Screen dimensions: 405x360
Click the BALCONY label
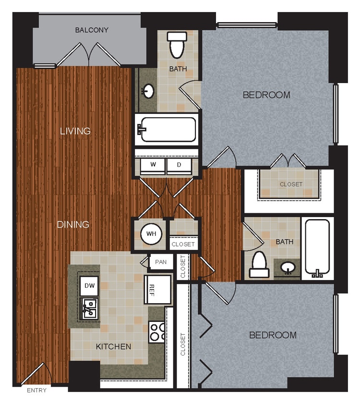[92, 30]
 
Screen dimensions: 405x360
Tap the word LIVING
[75, 131]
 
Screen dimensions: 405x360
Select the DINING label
[73, 224]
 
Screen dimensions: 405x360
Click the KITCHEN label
[113, 346]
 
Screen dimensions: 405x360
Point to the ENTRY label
[36, 391]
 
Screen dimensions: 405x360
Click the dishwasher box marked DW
[89, 285]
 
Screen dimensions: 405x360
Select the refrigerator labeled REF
[157, 289]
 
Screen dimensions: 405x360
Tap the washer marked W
[153, 165]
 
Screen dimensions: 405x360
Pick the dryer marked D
[179, 165]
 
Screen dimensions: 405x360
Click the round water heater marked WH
[151, 234]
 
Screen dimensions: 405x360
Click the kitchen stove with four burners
[157, 330]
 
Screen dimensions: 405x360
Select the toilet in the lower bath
[259, 265]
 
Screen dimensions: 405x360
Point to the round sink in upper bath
[148, 90]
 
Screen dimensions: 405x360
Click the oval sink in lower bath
[288, 267]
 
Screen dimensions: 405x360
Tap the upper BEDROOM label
[266, 95]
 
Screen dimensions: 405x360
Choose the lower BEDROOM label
[273, 335]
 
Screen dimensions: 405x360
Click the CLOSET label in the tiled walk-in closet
[291, 184]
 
